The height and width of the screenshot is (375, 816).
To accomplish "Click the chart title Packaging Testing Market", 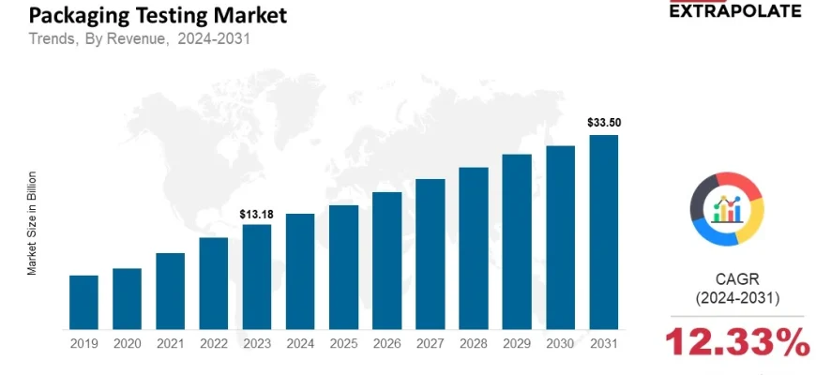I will pos(158,16).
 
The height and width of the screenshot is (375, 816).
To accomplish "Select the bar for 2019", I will pos(83,302).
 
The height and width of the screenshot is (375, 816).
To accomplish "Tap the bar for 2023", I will pos(256,277).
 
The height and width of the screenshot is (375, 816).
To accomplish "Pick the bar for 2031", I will pos(603,232).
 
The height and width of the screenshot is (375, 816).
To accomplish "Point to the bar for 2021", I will pos(170,291).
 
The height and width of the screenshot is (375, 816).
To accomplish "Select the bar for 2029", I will pos(517,242).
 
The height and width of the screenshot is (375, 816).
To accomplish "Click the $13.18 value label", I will pos(256,215).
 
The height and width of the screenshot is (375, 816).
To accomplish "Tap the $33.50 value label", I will pos(603,123).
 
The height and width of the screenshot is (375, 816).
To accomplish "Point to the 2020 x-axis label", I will pos(127,344).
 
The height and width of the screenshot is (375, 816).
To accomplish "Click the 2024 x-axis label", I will pos(300,344).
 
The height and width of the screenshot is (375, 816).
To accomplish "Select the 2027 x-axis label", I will pos(430,344).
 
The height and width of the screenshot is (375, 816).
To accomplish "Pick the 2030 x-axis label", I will pos(560,344).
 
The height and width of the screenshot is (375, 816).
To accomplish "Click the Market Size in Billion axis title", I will pos(32,222).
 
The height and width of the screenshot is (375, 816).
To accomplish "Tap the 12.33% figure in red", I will pos(737,343).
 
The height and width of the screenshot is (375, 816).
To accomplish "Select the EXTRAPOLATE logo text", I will pos(734,11).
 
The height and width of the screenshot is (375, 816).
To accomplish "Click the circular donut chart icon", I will pos(727,208).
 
